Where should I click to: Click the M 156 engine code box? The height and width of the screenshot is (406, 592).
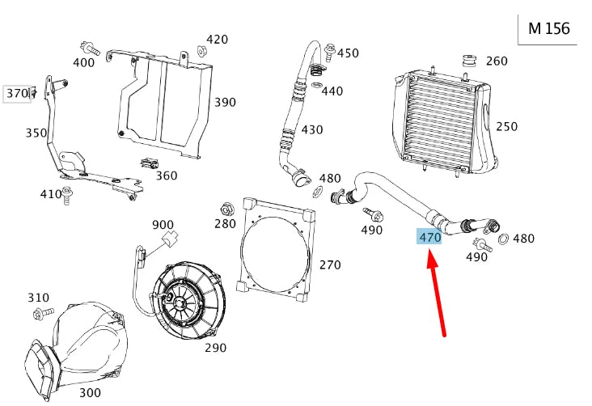pyautogui.click(x=548, y=28)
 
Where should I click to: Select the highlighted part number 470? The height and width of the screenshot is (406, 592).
pyautogui.click(x=429, y=237)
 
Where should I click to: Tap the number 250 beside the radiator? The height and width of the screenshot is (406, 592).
pyautogui.click(x=506, y=127)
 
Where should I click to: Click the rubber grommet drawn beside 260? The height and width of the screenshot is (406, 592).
pyautogui.click(x=467, y=61)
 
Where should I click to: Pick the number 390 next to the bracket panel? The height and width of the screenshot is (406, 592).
pyautogui.click(x=225, y=103)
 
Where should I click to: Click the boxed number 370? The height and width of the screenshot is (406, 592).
pyautogui.click(x=17, y=93)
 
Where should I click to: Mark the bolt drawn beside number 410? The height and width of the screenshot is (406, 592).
pyautogui.click(x=68, y=192)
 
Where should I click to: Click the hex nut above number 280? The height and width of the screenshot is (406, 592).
pyautogui.click(x=227, y=207)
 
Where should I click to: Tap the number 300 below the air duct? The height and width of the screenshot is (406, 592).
pyautogui.click(x=90, y=392)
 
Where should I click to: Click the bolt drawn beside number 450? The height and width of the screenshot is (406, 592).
pyautogui.click(x=329, y=52)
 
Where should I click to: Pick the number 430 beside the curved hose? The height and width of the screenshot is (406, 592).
pyautogui.click(x=312, y=129)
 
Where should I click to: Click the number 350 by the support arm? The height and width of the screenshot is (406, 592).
pyautogui.click(x=36, y=133)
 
